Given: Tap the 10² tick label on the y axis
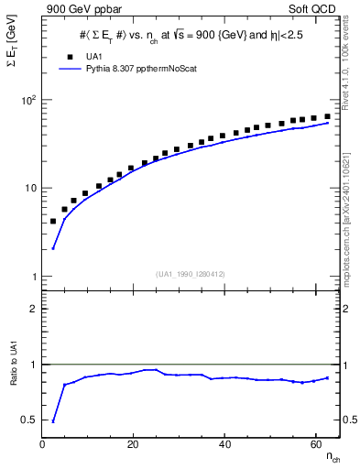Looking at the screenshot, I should [x=28, y=100].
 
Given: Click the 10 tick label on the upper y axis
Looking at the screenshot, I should [x=30, y=189].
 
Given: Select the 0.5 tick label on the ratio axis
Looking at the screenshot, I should [x=28, y=420].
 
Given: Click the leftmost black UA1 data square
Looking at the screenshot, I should [x=53, y=222].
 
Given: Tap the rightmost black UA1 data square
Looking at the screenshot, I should [x=327, y=116].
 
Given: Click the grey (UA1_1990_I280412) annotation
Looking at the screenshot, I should [x=191, y=274].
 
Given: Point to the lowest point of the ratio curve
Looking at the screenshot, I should [x=53, y=421].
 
